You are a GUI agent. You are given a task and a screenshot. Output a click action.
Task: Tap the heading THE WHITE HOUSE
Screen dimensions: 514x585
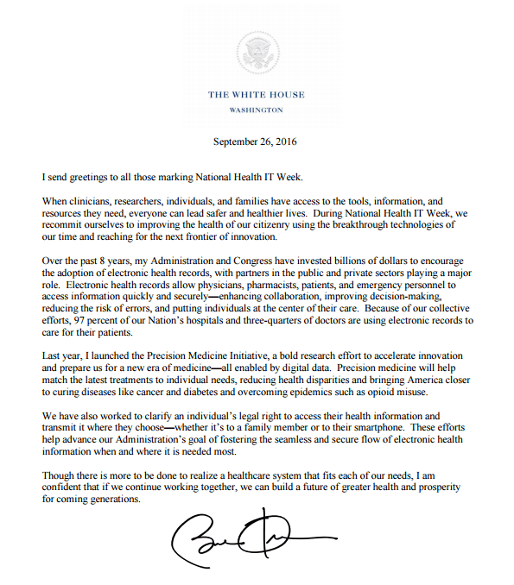pos(256,95)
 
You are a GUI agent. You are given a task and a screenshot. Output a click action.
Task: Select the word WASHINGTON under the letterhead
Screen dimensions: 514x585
pos(256,110)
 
